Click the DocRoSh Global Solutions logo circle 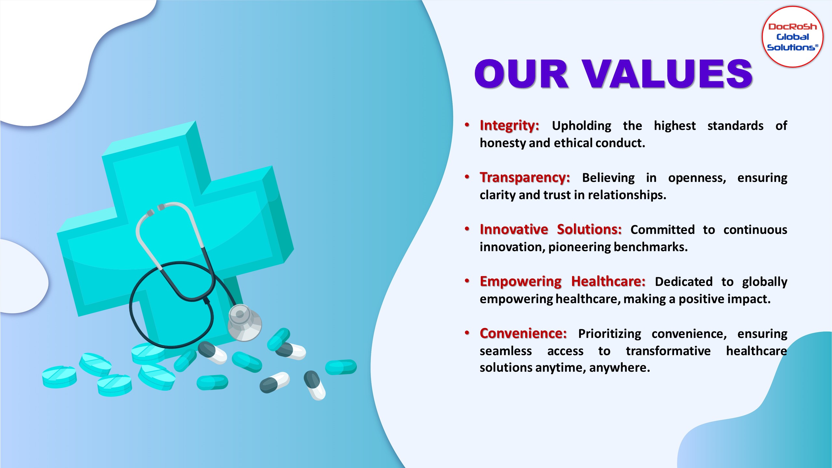(x=792, y=37)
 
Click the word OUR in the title (x=522, y=74)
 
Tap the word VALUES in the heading (x=667, y=74)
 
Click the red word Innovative (x=514, y=229)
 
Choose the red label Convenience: (x=523, y=333)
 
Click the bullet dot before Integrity (x=467, y=125)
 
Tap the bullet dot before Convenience (x=467, y=333)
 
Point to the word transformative (x=668, y=351)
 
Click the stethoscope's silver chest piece (x=244, y=323)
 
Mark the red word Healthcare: (x=608, y=281)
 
